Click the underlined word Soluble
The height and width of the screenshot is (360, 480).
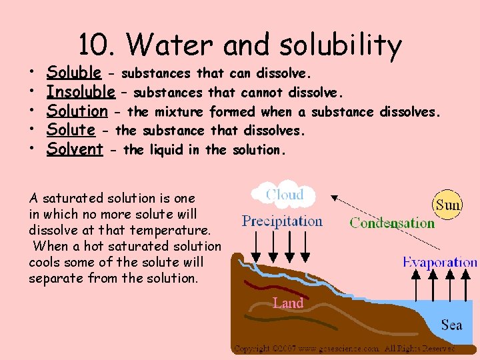tap(74, 72)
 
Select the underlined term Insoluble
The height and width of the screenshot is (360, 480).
tap(81, 91)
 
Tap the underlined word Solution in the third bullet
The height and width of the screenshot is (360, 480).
tap(77, 111)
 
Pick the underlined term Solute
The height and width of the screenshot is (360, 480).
tap(70, 130)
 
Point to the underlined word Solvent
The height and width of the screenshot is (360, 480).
tap(74, 149)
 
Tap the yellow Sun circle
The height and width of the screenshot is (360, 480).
tap(447, 205)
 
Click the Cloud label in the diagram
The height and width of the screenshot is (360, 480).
tap(285, 195)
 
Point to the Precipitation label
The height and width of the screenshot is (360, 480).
tap(282, 221)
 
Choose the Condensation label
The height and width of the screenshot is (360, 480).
tap(391, 223)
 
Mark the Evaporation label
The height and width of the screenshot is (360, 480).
tap(440, 262)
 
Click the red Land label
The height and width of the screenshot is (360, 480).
tap(288, 303)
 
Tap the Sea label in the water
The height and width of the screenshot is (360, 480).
tap(451, 325)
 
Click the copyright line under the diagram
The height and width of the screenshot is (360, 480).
tap(344, 348)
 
